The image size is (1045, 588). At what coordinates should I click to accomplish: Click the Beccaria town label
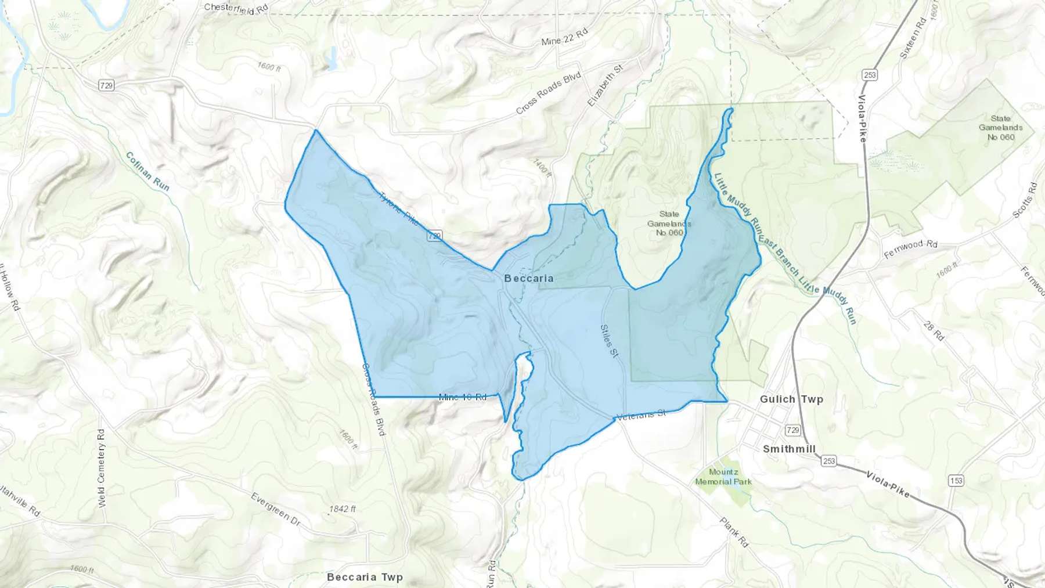(528, 278)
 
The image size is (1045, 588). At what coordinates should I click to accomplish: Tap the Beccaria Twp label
(365, 577)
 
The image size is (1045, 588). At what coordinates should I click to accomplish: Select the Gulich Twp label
(791, 399)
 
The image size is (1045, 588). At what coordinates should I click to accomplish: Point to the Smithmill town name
(789, 449)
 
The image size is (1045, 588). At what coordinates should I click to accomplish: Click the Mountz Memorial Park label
(723, 477)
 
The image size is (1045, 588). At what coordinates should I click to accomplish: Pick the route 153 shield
(956, 481)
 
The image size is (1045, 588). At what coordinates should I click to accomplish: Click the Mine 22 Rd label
(564, 38)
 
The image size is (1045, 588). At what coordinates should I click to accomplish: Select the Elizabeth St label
(605, 85)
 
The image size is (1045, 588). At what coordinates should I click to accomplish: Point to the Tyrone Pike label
(398, 208)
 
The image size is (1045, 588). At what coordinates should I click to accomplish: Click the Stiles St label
(608, 340)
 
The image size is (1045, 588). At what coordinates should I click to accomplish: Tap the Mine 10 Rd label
(462, 397)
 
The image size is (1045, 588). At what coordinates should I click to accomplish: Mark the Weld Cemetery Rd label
(102, 468)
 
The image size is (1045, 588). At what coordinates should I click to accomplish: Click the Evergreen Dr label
(275, 510)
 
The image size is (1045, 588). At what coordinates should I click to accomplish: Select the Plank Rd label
(734, 532)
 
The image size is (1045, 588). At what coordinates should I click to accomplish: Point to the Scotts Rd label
(1025, 200)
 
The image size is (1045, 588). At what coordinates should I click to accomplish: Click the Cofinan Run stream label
(147, 171)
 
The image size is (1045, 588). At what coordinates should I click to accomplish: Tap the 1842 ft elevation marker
(342, 509)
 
